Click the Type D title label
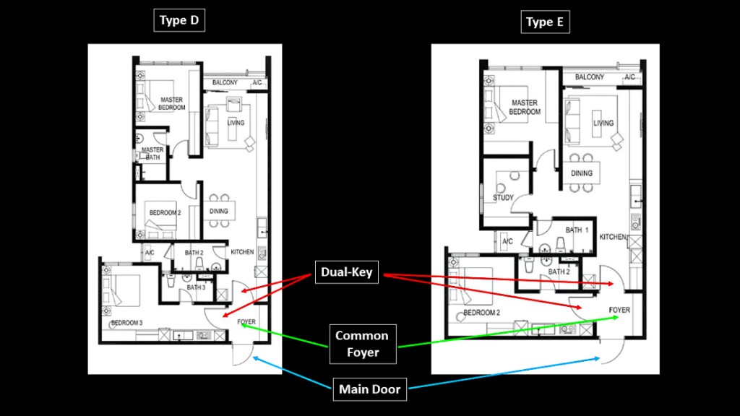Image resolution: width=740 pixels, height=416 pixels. [x=179, y=20]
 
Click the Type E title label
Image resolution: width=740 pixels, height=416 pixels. [x=545, y=22]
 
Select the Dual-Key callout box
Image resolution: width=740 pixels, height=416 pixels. [x=346, y=273]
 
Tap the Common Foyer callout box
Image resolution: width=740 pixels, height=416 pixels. [x=361, y=344]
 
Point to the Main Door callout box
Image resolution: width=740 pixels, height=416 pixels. [x=369, y=390]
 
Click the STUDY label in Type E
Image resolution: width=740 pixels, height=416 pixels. [x=503, y=197]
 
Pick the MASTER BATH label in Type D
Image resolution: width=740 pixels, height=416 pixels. [x=152, y=153]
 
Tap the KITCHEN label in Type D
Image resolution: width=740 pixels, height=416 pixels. [x=242, y=252]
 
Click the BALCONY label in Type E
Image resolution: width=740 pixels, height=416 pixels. [x=590, y=77]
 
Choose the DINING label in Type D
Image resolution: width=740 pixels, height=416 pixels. [x=219, y=212]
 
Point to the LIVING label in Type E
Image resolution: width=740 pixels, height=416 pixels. [x=603, y=123]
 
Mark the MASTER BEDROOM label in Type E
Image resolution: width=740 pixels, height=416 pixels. [x=525, y=108]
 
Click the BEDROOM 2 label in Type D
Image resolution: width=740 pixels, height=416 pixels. [x=165, y=213]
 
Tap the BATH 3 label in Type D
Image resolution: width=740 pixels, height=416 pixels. [x=197, y=287]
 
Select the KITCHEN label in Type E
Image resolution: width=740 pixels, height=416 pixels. [x=611, y=237]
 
